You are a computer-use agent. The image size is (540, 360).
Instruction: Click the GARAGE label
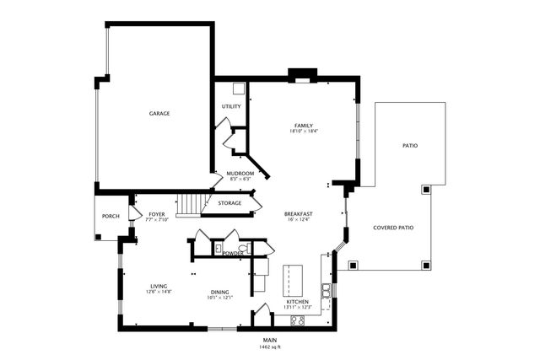coord(159,113)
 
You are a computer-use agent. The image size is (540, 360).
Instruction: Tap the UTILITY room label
coord(231,107)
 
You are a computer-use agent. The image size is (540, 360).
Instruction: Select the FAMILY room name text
coord(303,126)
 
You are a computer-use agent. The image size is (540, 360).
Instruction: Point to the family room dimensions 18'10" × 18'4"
coord(303,132)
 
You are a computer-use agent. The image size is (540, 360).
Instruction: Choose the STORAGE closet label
coord(229,203)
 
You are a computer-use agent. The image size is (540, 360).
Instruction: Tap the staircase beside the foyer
coord(191,204)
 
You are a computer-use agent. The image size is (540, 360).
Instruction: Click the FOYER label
coord(157,215)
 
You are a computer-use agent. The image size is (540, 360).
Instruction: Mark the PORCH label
coord(111,217)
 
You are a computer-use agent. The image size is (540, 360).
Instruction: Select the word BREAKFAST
coord(299,215)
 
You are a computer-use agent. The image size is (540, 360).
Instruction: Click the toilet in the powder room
coord(218,249)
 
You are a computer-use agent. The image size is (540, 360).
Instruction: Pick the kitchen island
coord(291,276)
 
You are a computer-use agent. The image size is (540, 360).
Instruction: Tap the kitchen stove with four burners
coord(298,320)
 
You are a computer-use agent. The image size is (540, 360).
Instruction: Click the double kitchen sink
coord(325,291)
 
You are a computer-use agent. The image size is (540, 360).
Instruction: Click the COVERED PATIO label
coord(393,228)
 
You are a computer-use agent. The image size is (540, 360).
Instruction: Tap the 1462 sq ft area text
coord(270,347)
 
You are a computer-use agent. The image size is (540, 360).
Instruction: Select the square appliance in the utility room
coord(239,88)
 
